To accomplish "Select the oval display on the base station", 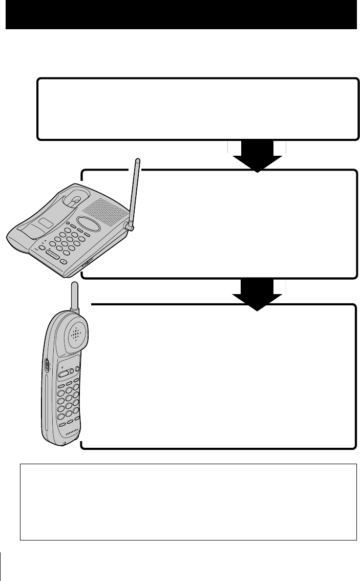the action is pos(86,224).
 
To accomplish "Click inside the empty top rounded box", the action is pos(197,109).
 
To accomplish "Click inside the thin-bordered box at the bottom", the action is pos(188,502).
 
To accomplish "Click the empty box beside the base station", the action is pos(246,225).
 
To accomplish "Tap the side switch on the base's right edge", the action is pos(85,265).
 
